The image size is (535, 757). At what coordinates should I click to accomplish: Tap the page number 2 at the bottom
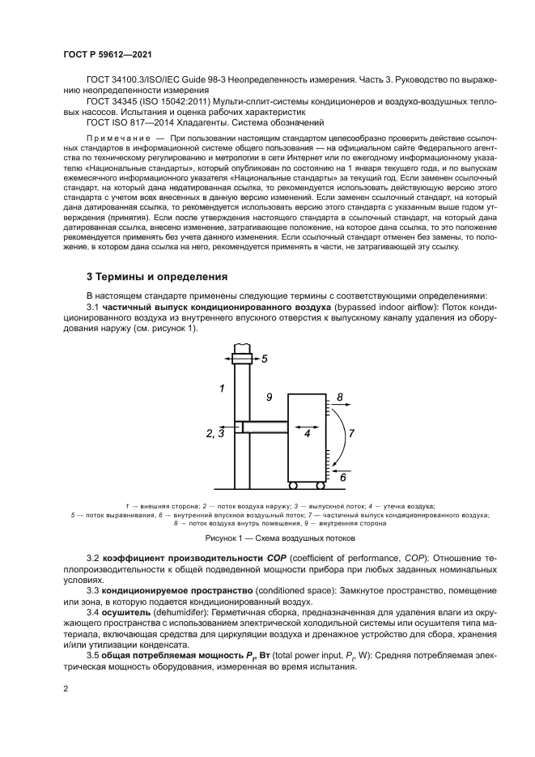(66, 689)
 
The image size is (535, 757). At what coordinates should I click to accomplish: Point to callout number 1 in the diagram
(221, 389)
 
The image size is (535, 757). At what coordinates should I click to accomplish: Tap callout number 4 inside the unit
(307, 433)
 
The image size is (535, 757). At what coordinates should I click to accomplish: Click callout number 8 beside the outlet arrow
(340, 397)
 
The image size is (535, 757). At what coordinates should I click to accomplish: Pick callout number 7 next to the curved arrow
(351, 433)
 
